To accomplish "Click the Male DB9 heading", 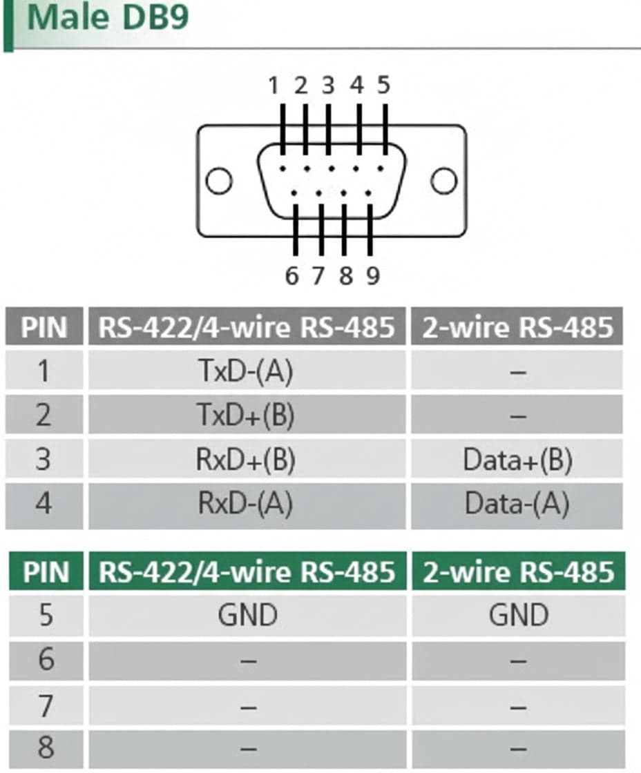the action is pos(108,18).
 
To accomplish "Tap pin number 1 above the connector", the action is pos(274,86).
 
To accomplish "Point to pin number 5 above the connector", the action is pos(384,86).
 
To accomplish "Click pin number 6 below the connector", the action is pos(291,276).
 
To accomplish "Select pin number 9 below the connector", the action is pos(373,276).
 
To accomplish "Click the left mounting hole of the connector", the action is pos(218,181).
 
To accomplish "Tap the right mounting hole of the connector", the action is pos(444,181).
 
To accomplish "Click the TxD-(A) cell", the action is pos(247,371).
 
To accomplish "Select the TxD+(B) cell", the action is pos(247,415).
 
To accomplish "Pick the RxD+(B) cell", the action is pos(247,459).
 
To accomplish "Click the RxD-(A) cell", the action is pos(247,503).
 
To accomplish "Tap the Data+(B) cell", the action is pos(517,459).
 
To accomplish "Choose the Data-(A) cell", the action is pos(517,503).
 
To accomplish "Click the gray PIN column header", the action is pos(44,326).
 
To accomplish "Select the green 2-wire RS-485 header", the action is pos(518,571).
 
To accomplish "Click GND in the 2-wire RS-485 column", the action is pos(518,615).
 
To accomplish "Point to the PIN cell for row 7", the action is pos(46,705).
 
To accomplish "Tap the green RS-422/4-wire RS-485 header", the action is pos(247,571).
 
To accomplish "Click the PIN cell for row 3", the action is pos(44,459).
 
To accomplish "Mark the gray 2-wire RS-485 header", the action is pos(517,326).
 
